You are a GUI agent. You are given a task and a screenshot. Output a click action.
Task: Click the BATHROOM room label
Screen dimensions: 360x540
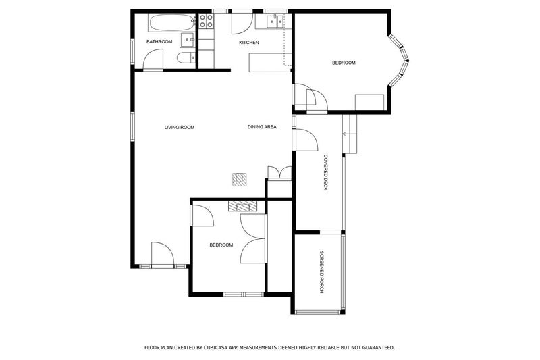[x=159, y=42]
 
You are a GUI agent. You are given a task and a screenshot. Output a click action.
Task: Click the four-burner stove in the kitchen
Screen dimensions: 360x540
[x=206, y=22]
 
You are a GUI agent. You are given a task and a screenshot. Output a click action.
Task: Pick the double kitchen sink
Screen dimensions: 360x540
[x=273, y=22]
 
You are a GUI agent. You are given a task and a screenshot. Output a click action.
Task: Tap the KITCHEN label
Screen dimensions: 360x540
[x=248, y=43]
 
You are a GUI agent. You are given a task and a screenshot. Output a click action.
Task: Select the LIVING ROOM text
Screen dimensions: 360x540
[x=179, y=127]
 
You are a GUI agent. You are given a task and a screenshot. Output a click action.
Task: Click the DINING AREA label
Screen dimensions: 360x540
[x=262, y=127]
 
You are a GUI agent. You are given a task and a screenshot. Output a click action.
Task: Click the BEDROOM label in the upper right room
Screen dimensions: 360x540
[x=343, y=63]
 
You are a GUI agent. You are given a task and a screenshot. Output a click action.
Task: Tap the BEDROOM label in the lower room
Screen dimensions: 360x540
[x=221, y=245]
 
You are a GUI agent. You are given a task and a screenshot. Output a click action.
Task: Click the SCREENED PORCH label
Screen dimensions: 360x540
[x=322, y=272]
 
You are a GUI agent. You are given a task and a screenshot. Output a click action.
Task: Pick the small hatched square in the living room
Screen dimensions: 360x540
[x=240, y=179]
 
